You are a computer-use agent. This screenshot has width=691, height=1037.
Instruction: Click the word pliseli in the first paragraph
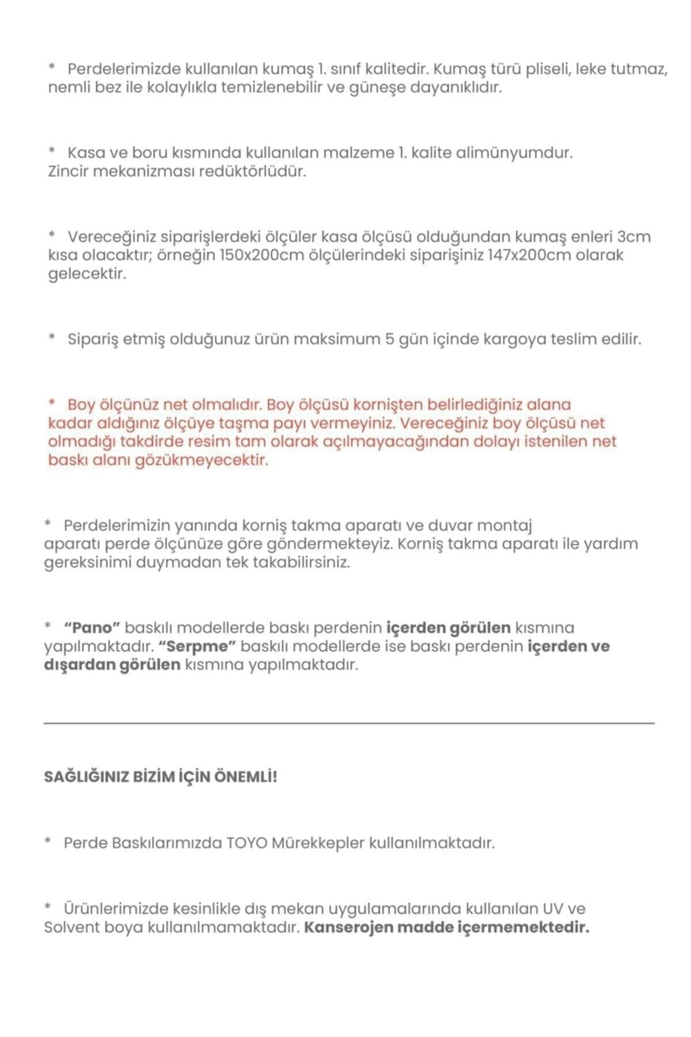point(542,70)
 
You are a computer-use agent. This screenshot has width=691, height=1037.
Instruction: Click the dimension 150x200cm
point(261,255)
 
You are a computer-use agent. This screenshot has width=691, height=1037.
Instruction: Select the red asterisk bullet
point(52,404)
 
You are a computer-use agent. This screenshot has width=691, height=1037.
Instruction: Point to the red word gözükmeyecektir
point(202,460)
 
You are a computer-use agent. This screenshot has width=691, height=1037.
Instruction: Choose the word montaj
point(503,525)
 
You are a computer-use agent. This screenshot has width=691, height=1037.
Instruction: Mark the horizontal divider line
point(349,722)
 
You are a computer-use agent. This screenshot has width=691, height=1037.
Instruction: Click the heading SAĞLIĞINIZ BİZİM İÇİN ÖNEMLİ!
point(161,777)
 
